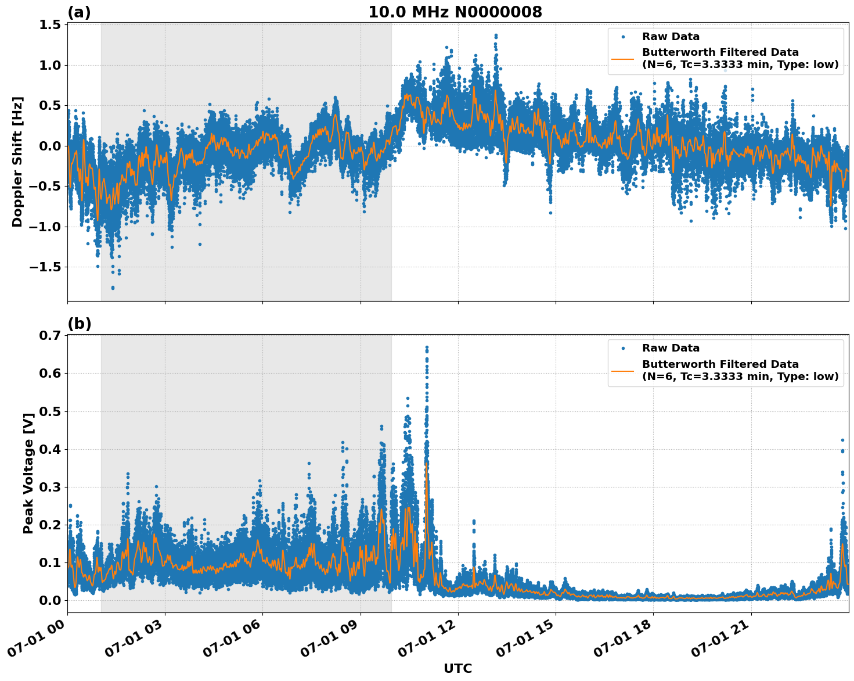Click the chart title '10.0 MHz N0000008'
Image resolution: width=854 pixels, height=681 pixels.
455,12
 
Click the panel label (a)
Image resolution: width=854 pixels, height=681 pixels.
79,12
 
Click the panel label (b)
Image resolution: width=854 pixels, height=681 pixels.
79,324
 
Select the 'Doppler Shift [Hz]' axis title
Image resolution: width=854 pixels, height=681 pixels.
17,162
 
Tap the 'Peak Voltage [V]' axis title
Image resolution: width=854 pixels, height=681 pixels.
28,473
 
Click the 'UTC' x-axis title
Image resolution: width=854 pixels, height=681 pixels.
457,668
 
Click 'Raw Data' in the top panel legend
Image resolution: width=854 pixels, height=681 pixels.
671,37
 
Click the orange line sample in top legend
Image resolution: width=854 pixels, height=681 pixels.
623,58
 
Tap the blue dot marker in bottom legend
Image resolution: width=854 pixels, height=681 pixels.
623,348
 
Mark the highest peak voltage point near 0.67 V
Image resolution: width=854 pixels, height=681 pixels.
427,347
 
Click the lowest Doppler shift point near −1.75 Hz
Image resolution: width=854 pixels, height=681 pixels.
113,288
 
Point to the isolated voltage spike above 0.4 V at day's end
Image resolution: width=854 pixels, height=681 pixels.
842,440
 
